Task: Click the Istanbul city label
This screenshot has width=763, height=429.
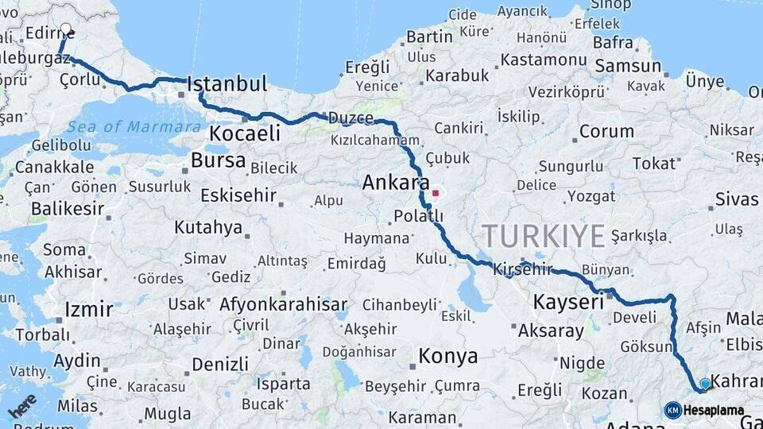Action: click(227, 84)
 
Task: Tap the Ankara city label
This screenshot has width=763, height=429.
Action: click(396, 183)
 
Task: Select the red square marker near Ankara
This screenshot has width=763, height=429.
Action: click(435, 192)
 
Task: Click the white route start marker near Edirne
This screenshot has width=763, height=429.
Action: click(65, 29)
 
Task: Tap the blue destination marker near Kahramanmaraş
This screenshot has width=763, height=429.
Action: click(704, 385)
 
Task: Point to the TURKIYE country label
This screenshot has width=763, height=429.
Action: click(544, 236)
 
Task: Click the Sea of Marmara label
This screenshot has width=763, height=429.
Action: click(134, 127)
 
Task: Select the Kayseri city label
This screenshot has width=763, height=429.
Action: click(568, 303)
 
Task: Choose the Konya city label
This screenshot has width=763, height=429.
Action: click(448, 357)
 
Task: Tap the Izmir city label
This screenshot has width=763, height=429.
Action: click(88, 308)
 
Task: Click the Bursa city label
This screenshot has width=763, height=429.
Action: click(218, 160)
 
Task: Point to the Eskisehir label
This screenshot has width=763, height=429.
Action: click(238, 195)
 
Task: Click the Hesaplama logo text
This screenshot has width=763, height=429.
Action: click(714, 411)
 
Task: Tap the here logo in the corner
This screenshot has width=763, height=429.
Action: click(21, 407)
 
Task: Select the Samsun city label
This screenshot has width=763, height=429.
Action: click(628, 66)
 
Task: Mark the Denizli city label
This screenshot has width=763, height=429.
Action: click(220, 365)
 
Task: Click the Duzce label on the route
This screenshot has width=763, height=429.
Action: click(353, 118)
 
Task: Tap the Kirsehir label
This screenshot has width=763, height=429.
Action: click(522, 269)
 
